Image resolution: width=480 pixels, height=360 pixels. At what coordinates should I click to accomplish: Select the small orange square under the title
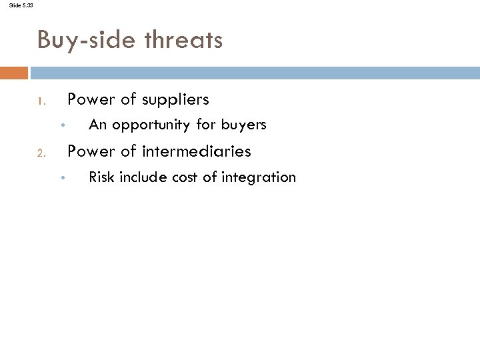14,71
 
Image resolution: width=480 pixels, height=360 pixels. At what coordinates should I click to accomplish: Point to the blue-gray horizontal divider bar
253,71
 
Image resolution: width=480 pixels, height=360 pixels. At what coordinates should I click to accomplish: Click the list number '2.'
41,154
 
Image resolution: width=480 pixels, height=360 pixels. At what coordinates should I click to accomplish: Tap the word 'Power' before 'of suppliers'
91,99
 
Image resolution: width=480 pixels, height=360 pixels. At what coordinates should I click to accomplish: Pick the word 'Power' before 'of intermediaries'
91,151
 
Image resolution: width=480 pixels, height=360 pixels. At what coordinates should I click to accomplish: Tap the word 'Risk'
101,177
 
